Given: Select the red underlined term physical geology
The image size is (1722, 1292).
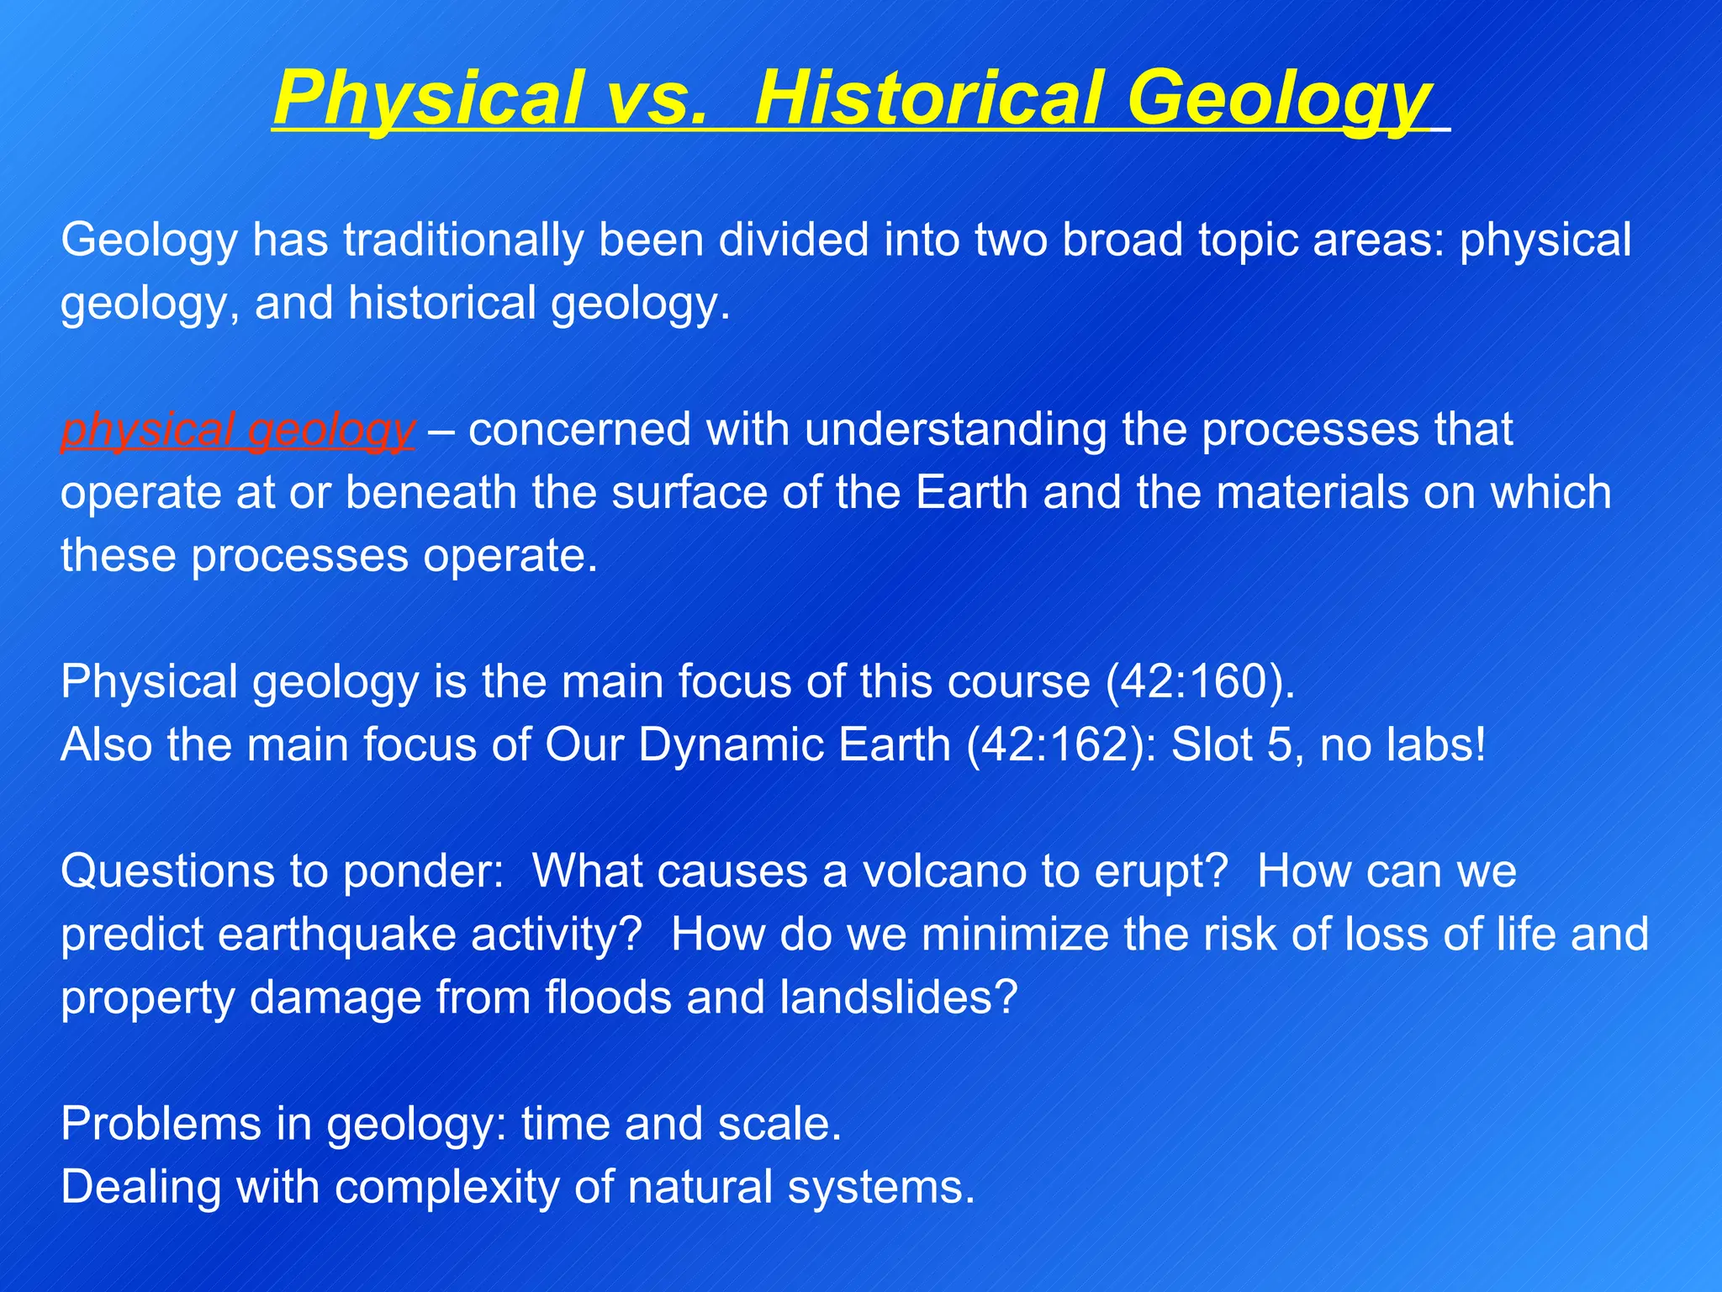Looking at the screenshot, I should [238, 430].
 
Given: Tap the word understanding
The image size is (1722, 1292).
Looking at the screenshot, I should [955, 430].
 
